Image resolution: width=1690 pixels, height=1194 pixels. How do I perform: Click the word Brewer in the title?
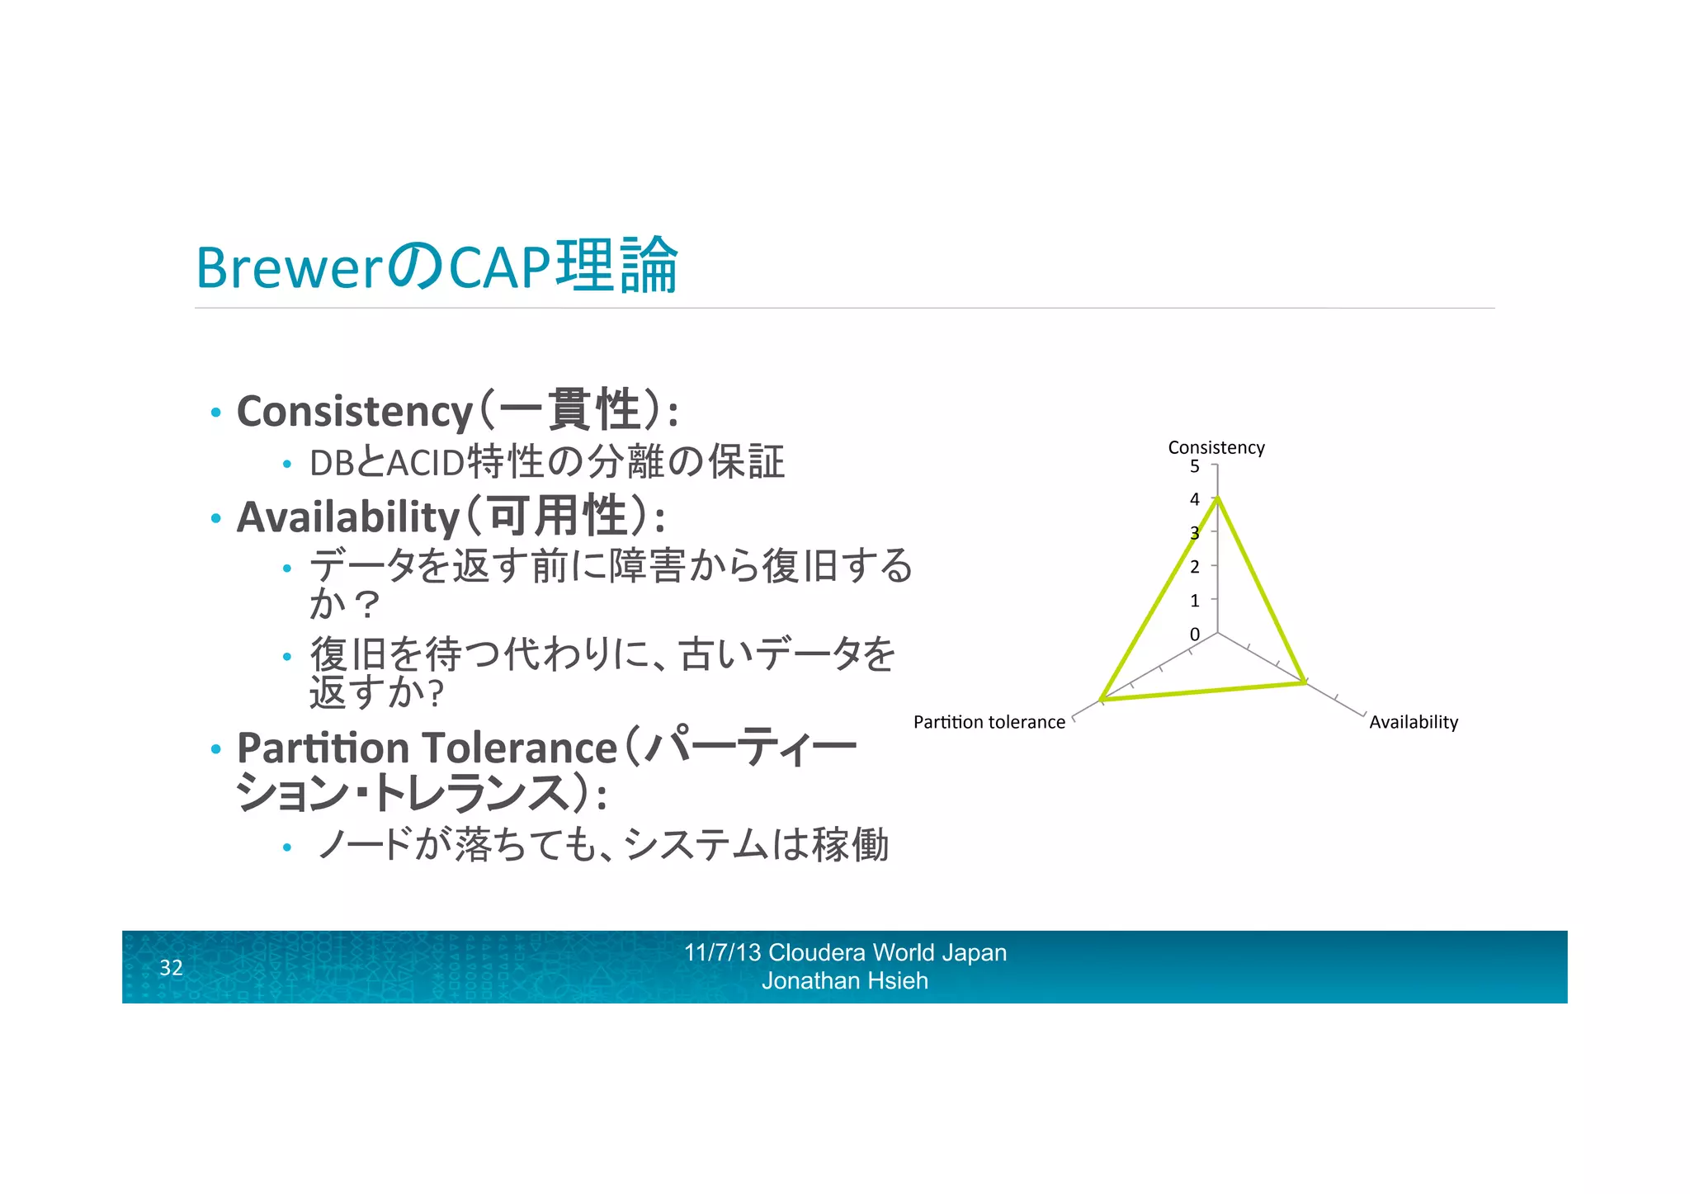[289, 268]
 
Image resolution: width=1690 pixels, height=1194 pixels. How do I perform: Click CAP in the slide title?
[499, 268]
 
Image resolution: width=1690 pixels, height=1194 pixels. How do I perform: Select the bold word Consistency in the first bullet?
[354, 411]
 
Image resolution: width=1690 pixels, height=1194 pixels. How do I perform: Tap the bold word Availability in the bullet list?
[347, 517]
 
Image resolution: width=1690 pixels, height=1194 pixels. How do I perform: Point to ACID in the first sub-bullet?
[425, 463]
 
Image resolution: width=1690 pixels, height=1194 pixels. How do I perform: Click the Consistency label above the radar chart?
[1216, 447]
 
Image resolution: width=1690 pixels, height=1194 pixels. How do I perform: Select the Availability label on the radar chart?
[1413, 722]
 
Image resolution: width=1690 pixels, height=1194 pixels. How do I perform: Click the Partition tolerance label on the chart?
[989, 722]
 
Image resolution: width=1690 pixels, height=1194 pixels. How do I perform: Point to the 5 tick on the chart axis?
[1194, 466]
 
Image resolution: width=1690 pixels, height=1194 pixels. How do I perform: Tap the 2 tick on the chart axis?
[1194, 567]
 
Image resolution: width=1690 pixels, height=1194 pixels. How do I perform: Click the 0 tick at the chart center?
[1194, 635]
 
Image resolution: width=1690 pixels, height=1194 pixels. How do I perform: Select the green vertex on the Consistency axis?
[1217, 498]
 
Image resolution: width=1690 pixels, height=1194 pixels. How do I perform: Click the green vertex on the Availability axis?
[1304, 682]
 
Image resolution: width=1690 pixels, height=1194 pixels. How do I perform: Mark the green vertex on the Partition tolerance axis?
[1101, 700]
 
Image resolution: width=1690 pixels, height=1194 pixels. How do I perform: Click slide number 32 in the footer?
[171, 968]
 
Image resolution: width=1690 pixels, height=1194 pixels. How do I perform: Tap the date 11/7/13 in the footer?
[722, 953]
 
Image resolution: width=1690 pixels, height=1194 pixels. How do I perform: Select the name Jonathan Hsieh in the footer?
[844, 981]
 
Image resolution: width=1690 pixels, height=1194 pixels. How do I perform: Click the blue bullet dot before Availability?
[216, 519]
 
